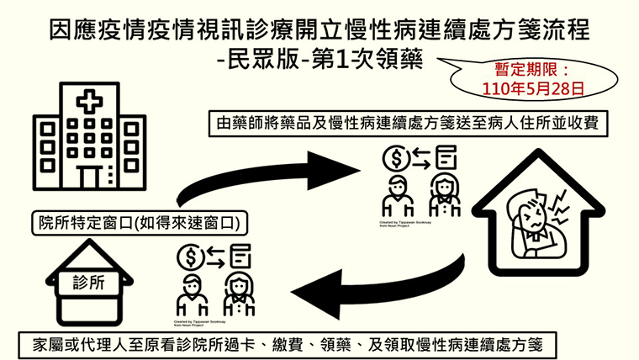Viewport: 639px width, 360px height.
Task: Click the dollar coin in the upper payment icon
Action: (392, 156)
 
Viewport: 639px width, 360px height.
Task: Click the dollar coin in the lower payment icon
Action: (191, 254)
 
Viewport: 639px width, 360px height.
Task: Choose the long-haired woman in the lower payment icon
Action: (240, 294)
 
